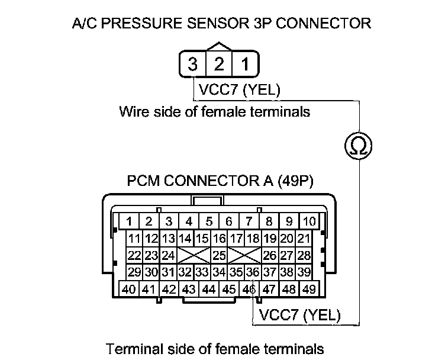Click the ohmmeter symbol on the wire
point(357,144)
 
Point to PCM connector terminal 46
point(249,290)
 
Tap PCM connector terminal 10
point(309,222)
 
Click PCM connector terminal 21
point(304,239)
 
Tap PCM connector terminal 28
point(304,256)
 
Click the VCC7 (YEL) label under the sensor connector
point(239,91)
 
